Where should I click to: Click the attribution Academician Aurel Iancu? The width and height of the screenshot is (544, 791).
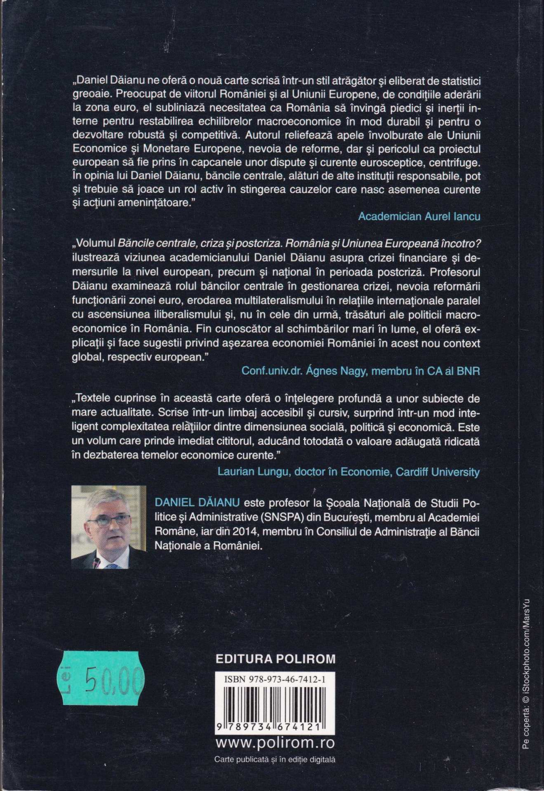(419, 216)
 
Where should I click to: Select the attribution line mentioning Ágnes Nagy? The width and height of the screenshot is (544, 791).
(360, 371)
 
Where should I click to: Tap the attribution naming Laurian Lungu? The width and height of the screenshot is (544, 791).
(348, 472)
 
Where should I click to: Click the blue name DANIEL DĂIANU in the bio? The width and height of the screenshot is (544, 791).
(198, 503)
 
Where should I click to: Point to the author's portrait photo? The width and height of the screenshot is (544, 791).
(109, 527)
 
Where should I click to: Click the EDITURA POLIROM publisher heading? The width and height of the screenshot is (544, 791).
(276, 659)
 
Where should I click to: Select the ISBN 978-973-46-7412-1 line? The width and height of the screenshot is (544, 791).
(275, 680)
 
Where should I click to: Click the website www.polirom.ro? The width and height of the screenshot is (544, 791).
(275, 743)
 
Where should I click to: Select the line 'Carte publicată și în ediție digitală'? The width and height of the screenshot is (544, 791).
(275, 759)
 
